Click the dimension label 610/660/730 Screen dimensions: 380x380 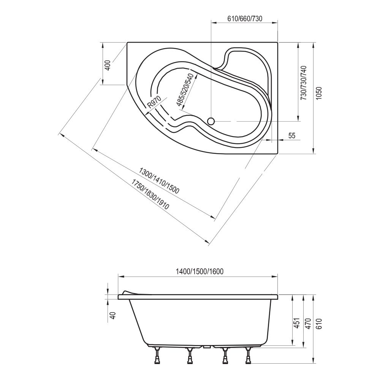(245, 18)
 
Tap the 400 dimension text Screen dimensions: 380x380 (108, 65)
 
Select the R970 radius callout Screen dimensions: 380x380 (154, 101)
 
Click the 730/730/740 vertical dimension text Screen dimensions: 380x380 (303, 83)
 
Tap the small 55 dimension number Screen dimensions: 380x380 (292, 136)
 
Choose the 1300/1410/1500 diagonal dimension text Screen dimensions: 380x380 (159, 180)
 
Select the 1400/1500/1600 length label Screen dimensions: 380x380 (199, 271)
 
